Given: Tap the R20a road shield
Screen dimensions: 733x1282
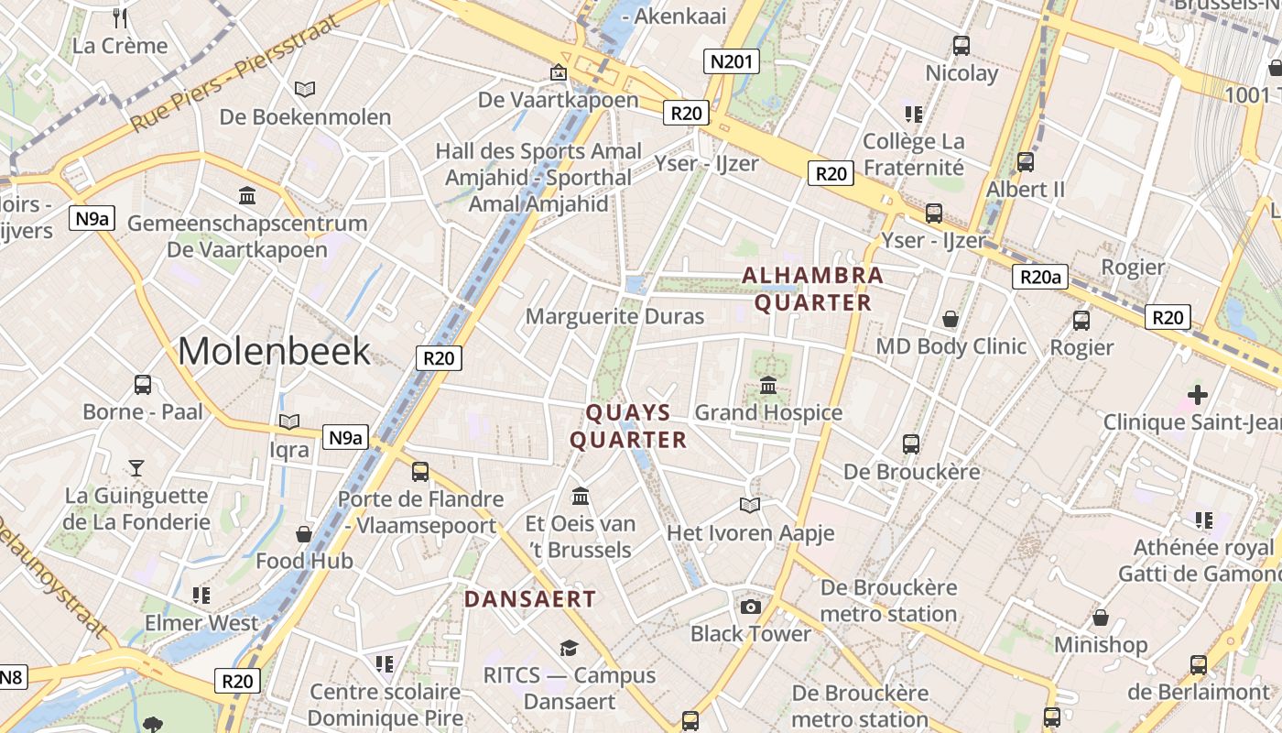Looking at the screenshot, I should point(1040,277).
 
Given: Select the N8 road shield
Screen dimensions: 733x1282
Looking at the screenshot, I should point(11,678).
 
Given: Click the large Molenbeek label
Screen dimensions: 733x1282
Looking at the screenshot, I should point(274,351).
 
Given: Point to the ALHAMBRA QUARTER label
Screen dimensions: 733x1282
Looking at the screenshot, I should point(812,289).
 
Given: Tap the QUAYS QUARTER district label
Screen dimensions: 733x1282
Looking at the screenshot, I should point(628,426).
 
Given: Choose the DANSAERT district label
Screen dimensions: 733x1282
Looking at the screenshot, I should point(530,599).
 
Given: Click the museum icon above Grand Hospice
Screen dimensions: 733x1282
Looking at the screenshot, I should point(768,386).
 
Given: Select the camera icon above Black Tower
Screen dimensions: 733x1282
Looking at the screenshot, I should point(750,607).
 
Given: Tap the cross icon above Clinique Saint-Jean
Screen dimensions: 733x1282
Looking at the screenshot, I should point(1197,395).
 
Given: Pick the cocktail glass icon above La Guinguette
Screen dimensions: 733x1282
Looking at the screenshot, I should point(136,468).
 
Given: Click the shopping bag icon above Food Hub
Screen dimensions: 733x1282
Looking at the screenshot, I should point(304,533).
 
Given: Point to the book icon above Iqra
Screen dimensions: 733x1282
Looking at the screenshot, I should point(289,422).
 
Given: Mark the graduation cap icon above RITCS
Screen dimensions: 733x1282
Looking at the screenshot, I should point(570,649).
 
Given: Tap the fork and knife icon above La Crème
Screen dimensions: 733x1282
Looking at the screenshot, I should point(120,17).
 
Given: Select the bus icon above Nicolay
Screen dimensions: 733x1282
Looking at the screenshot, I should point(961,45).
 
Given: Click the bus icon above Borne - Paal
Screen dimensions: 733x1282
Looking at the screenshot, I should point(143,384).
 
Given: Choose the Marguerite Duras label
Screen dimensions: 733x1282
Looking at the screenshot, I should point(614,317).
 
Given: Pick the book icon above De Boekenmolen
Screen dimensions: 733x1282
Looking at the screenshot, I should point(305,89).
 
